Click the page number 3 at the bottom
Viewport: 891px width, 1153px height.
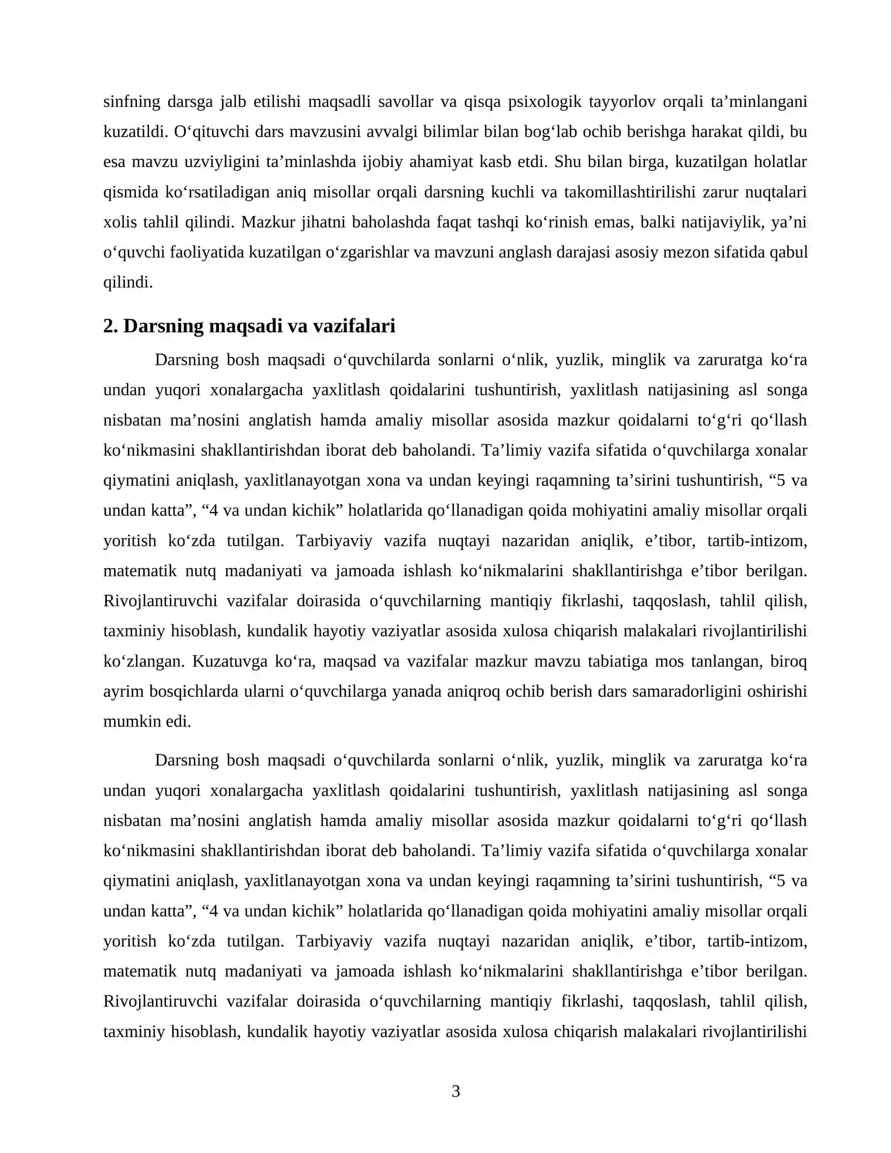click(x=456, y=1091)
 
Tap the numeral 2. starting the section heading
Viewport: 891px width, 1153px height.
click(x=110, y=326)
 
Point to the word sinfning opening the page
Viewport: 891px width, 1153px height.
click(x=131, y=101)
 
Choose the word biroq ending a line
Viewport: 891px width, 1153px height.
click(x=789, y=661)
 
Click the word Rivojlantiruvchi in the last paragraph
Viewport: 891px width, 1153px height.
click(x=160, y=1001)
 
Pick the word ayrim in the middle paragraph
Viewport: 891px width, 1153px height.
click(x=121, y=691)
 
